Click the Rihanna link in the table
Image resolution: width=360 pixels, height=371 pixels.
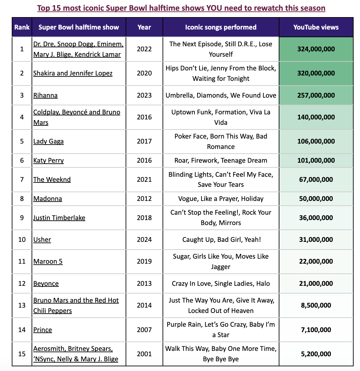click(x=45, y=95)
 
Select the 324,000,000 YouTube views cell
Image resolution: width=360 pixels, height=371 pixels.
click(x=316, y=49)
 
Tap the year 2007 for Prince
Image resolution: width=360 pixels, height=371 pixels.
click(x=144, y=330)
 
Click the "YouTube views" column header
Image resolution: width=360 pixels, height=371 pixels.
click(x=316, y=27)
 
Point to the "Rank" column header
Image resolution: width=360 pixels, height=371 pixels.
click(x=22, y=27)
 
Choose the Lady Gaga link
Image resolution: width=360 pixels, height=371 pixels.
click(x=48, y=141)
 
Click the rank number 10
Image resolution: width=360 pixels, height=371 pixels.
click(x=22, y=240)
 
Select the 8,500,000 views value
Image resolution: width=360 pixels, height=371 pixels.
click(x=316, y=305)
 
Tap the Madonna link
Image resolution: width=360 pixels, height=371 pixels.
click(x=48, y=199)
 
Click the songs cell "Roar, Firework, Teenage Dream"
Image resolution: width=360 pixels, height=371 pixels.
click(x=221, y=160)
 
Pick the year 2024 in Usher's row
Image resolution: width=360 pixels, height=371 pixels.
click(x=144, y=240)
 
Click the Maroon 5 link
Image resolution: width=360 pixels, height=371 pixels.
click(x=48, y=261)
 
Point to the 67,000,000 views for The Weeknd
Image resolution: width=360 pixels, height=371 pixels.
click(x=316, y=179)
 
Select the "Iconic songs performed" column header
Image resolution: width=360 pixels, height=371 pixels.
click(x=221, y=27)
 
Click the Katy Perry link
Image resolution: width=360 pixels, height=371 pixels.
click(x=48, y=160)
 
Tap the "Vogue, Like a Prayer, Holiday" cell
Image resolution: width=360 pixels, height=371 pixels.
click(x=221, y=199)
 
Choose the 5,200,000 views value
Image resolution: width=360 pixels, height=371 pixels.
click(x=316, y=354)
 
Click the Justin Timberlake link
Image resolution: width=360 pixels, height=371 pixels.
click(x=59, y=218)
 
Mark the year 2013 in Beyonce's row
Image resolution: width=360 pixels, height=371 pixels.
click(x=144, y=283)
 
